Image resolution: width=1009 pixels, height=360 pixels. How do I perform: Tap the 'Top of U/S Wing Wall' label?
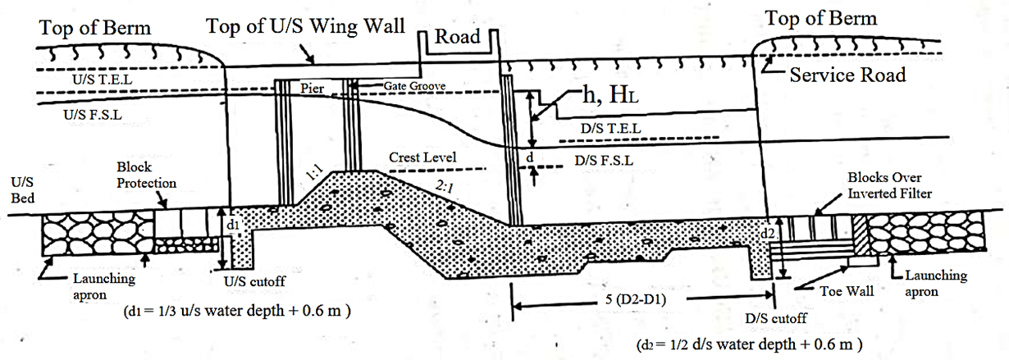click(305, 25)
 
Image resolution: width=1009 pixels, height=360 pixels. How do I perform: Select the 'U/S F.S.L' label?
click(91, 116)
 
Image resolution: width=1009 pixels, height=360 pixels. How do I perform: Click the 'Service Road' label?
click(847, 75)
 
